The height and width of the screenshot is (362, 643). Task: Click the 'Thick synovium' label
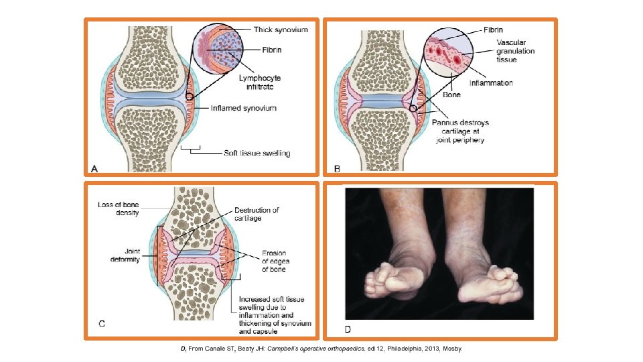(x=281, y=29)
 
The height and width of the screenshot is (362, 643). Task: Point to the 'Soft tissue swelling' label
(x=257, y=153)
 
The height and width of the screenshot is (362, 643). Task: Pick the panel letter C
(x=102, y=324)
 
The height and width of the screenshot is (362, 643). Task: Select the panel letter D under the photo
(x=348, y=329)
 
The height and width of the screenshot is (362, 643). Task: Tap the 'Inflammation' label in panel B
(x=491, y=83)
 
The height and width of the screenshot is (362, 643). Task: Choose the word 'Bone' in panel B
(x=455, y=97)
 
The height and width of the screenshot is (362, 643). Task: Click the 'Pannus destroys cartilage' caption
(x=461, y=131)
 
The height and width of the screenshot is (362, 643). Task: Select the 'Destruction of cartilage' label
(x=257, y=215)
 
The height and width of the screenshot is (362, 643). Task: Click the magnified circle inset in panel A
(x=218, y=52)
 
